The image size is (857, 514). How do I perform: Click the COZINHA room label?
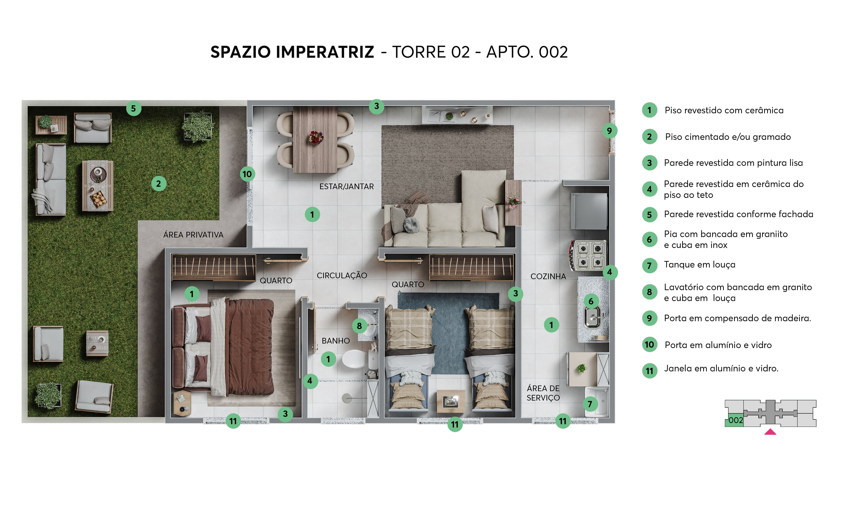548,276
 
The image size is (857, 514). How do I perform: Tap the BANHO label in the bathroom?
336,341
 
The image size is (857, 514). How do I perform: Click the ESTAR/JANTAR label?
346,187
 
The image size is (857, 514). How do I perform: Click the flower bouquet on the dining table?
316,138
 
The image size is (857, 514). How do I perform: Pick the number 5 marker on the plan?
133,108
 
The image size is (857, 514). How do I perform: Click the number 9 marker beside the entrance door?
609,131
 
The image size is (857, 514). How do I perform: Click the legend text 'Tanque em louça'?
699,265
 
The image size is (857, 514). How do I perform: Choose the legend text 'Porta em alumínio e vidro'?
718,345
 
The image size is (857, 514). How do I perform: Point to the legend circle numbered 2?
649,137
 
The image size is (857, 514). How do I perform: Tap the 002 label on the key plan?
735,420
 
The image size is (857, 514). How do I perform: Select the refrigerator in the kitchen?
589,211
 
